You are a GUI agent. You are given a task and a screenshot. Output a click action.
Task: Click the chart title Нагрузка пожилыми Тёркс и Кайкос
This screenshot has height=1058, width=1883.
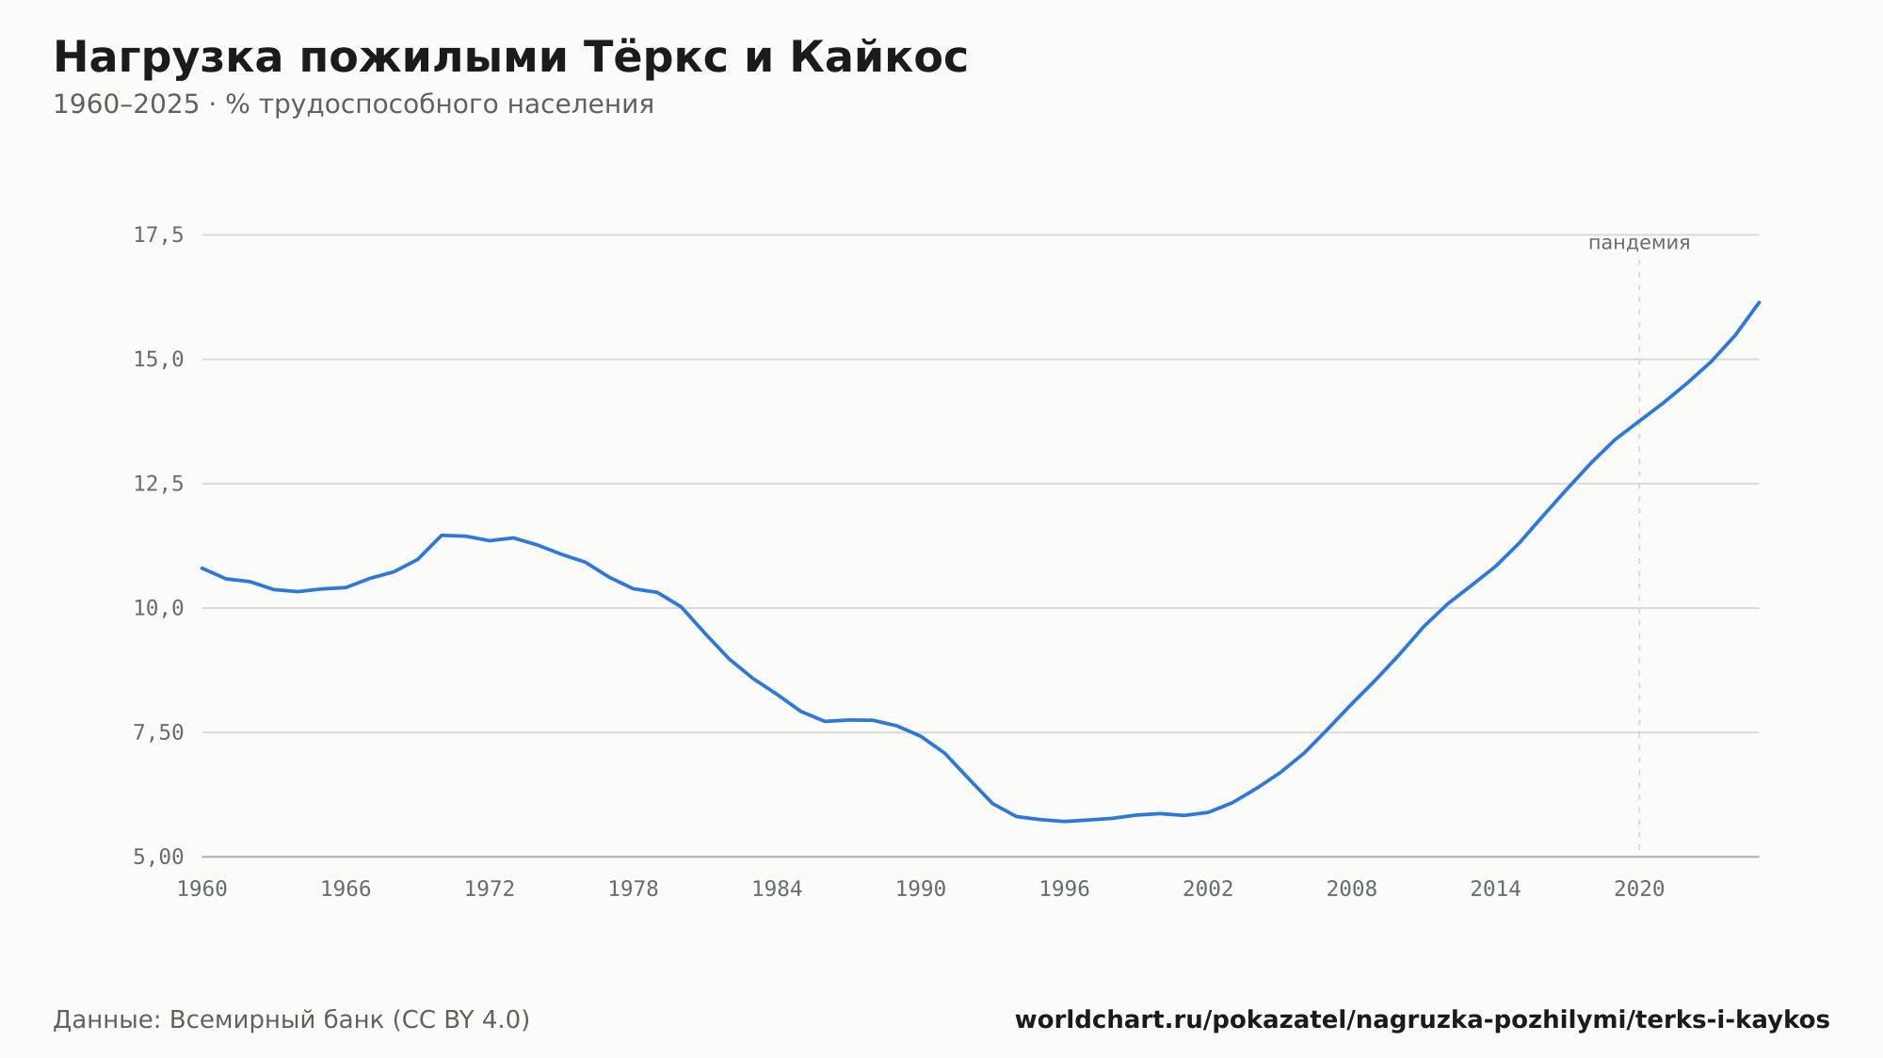point(510,57)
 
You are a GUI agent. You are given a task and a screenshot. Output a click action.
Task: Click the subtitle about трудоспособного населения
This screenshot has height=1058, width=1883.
point(353,104)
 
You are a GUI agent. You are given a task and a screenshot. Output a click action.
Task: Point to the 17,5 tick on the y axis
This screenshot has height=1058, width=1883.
point(158,235)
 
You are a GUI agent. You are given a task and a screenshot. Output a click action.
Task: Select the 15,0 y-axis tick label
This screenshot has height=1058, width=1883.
point(158,360)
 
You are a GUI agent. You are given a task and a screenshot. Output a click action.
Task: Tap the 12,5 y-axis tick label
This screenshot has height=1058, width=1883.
point(158,484)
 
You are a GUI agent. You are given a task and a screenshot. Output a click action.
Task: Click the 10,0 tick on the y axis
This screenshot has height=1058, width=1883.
point(158,608)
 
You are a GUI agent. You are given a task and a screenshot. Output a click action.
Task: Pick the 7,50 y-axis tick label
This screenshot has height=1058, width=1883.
point(158,732)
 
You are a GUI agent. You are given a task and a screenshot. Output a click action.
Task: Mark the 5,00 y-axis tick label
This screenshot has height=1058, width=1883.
point(158,857)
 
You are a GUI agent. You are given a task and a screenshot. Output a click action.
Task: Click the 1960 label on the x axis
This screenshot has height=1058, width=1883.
point(202,890)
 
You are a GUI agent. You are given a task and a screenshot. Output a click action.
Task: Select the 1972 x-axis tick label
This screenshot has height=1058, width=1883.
point(490,890)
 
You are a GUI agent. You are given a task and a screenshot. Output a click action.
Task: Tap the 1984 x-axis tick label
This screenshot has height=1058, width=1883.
point(777,890)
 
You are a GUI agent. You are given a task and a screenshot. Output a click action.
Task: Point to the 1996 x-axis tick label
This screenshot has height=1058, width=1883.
point(1065,890)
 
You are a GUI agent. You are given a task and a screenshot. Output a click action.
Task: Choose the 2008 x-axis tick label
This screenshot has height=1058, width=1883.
point(1352,890)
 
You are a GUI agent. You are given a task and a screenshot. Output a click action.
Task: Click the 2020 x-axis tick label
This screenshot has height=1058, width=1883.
point(1639,890)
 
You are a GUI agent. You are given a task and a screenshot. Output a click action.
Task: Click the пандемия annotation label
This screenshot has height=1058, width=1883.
point(1639,243)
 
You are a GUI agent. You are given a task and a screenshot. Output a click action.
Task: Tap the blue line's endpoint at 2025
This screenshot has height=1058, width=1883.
point(1759,302)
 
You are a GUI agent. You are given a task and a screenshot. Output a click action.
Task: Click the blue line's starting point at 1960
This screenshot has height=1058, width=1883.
point(202,568)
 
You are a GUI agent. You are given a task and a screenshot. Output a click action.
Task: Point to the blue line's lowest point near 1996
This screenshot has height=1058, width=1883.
point(1065,821)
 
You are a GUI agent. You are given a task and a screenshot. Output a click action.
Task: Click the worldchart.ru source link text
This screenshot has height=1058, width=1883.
point(1423,1020)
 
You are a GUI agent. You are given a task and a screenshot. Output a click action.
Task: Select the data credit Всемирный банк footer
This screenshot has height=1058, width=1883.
point(292,1020)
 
